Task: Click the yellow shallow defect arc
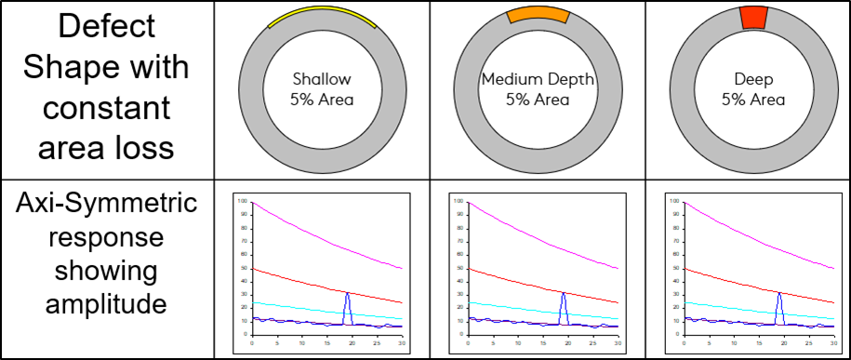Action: [x=321, y=13]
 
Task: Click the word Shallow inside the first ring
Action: [x=323, y=80]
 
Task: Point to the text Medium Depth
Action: [x=538, y=80]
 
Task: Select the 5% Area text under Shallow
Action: [x=323, y=100]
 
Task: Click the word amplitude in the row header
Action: [x=106, y=304]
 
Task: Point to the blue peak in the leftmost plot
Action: [x=347, y=296]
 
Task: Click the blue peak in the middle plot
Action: [x=564, y=296]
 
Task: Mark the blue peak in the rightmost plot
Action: [x=779, y=296]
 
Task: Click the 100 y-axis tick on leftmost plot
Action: [x=242, y=201]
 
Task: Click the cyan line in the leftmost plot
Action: [x=307, y=310]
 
